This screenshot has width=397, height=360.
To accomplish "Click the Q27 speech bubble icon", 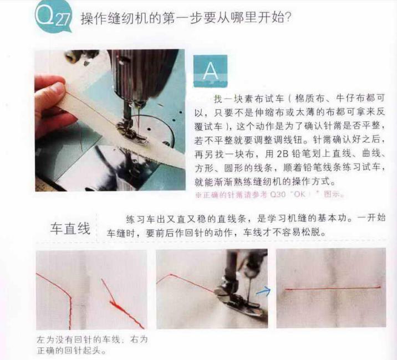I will point(53,16).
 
